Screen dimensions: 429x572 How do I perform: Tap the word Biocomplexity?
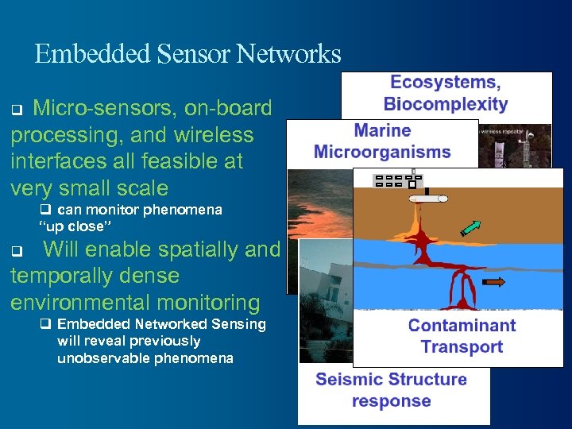coord(445,103)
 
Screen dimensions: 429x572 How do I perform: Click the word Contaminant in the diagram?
coord(462,325)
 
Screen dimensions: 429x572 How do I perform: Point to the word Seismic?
coord(346,379)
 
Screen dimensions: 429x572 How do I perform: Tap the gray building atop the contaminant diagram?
coord(396,180)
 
